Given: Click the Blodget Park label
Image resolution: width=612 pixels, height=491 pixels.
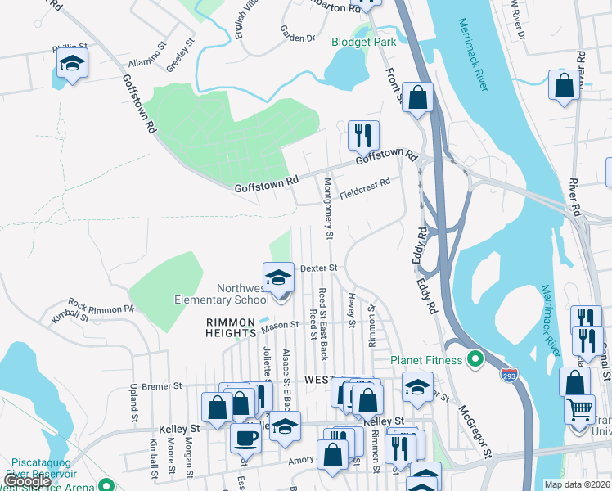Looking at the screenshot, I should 362,41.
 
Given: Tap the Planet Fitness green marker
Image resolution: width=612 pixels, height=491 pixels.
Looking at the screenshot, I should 474,359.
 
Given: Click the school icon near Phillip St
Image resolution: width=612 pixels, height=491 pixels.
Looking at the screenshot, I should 72,63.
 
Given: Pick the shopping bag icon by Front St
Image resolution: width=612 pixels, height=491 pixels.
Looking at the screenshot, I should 417,97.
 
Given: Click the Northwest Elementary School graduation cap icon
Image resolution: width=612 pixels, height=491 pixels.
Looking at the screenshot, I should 278,277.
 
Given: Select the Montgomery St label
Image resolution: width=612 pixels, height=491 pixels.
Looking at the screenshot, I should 329,209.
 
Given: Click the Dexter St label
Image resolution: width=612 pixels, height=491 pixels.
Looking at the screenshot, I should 318,268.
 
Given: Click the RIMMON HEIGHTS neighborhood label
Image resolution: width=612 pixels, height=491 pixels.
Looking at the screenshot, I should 231,327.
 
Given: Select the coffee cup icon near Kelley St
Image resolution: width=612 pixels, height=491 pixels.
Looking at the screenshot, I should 245,438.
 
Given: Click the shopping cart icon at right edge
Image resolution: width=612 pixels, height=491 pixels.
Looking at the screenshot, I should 580,408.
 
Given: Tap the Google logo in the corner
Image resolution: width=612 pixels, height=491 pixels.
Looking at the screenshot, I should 28,481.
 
